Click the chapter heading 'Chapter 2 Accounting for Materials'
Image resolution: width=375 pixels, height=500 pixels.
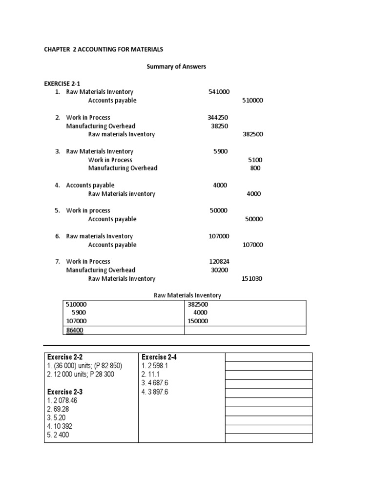pos(104,49)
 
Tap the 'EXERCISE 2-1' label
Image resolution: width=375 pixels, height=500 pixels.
pos(62,83)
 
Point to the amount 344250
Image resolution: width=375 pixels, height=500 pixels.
pos(217,117)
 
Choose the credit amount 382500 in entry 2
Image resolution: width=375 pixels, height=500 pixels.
pos(252,134)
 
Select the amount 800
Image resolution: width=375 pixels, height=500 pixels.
pos(255,168)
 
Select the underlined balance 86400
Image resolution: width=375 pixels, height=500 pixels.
pos(74,331)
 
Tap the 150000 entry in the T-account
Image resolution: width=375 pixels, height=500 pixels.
pos(198,321)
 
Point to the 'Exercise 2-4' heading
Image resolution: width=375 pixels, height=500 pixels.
pos(159,357)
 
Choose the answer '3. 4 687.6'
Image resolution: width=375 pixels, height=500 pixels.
pos(155,383)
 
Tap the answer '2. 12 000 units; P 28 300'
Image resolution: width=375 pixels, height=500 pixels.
pos(83,375)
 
